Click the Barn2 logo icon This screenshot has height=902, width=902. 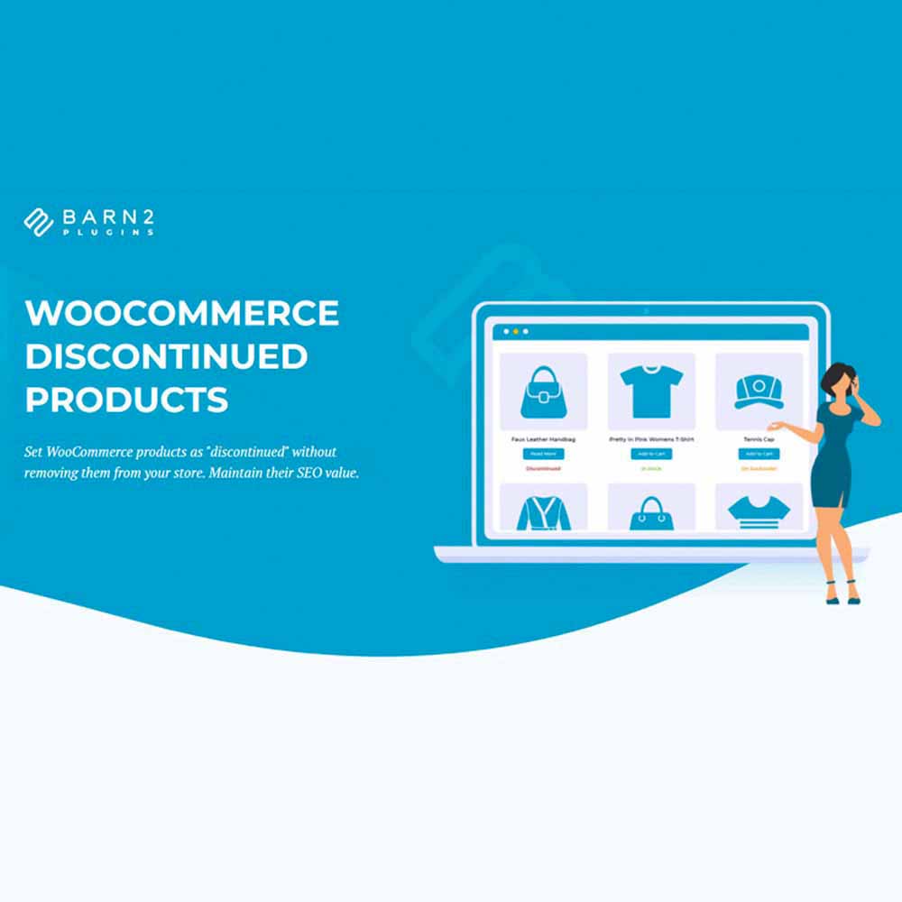pyautogui.click(x=39, y=222)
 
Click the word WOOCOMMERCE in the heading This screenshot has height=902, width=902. pyautogui.click(x=182, y=314)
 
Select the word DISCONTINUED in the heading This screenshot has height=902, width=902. pyautogui.click(x=166, y=356)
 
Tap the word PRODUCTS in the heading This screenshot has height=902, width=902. pyautogui.click(x=126, y=400)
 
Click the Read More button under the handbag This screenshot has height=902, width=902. pyautogui.click(x=543, y=454)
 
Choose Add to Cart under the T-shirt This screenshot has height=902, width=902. pyautogui.click(x=651, y=454)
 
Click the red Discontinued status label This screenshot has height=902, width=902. pyautogui.click(x=543, y=469)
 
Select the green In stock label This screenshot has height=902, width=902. pyautogui.click(x=651, y=469)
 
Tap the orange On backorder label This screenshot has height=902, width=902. pyautogui.click(x=758, y=469)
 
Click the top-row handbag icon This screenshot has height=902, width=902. pyautogui.click(x=543, y=391)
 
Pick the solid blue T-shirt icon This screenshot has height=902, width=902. pyautogui.click(x=651, y=391)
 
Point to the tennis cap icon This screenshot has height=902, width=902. pyautogui.click(x=758, y=391)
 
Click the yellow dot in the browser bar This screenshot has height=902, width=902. pyautogui.click(x=515, y=331)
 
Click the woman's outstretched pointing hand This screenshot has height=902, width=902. pyautogui.click(x=774, y=426)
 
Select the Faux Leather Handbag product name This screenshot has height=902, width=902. pyautogui.click(x=543, y=438)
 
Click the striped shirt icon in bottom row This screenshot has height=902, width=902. pyautogui.click(x=758, y=511)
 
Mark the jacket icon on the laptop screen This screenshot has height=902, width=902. pyautogui.click(x=543, y=512)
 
